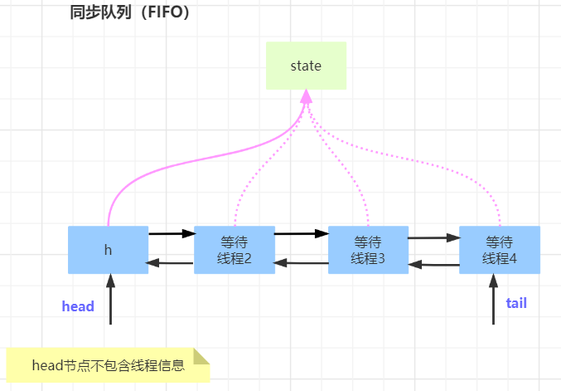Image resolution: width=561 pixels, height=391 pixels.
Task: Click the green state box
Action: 306,66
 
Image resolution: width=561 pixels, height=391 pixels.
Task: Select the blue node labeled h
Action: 109,250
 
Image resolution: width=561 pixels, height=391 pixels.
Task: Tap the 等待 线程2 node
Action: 235,250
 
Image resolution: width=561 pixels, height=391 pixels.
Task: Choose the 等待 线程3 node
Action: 368,250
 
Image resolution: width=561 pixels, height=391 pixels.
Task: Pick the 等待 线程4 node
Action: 500,250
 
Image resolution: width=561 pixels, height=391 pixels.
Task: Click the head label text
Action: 78,306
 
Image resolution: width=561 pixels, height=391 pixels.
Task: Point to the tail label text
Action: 516,303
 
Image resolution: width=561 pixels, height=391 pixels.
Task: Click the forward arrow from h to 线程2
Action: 171,234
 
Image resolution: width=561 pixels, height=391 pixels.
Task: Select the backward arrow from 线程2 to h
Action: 171,264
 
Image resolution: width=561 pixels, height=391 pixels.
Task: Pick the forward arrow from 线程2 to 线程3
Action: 301,233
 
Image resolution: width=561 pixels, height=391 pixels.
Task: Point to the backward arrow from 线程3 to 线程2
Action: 301,263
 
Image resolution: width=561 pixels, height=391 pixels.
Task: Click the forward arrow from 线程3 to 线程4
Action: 433,237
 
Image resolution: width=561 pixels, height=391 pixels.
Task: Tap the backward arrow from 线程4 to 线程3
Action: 433,266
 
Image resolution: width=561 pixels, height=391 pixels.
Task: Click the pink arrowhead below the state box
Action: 306,97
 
